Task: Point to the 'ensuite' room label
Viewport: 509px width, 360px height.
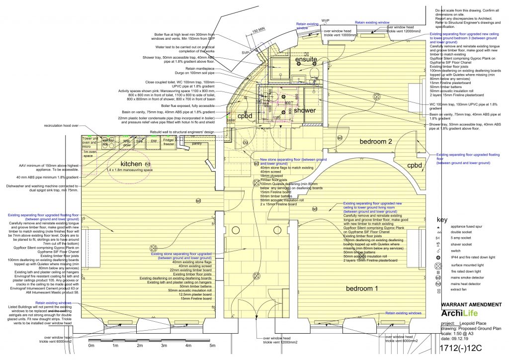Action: pos(306,60)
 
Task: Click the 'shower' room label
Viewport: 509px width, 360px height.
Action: pos(304,110)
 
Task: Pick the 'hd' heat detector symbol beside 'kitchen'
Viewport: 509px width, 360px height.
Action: pos(147,164)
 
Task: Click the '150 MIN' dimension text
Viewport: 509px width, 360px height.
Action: pos(257,32)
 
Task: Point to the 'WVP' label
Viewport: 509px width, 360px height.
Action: pos(326,21)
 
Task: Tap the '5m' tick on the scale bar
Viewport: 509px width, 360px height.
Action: pos(212,345)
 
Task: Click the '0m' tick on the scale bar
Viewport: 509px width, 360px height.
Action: pos(91,345)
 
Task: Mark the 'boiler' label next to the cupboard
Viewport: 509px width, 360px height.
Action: pos(231,120)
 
